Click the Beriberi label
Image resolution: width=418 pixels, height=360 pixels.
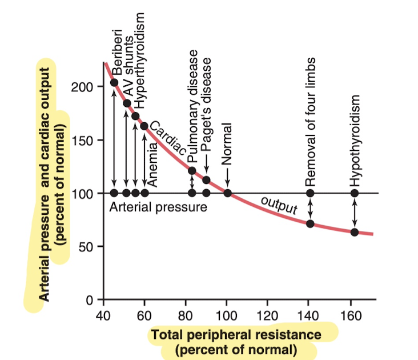[116, 52]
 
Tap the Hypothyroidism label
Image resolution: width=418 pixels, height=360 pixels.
[356, 140]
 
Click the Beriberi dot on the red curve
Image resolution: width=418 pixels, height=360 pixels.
[114, 83]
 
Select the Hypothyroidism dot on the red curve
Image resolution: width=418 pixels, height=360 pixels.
[355, 232]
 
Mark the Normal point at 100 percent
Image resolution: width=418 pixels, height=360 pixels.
[227, 193]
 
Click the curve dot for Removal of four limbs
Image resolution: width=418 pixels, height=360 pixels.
[310, 223]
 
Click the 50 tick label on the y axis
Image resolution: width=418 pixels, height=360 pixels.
[81, 247]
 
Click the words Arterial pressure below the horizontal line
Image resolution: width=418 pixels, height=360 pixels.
[158, 206]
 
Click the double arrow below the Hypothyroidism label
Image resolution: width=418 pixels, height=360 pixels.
[355, 213]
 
